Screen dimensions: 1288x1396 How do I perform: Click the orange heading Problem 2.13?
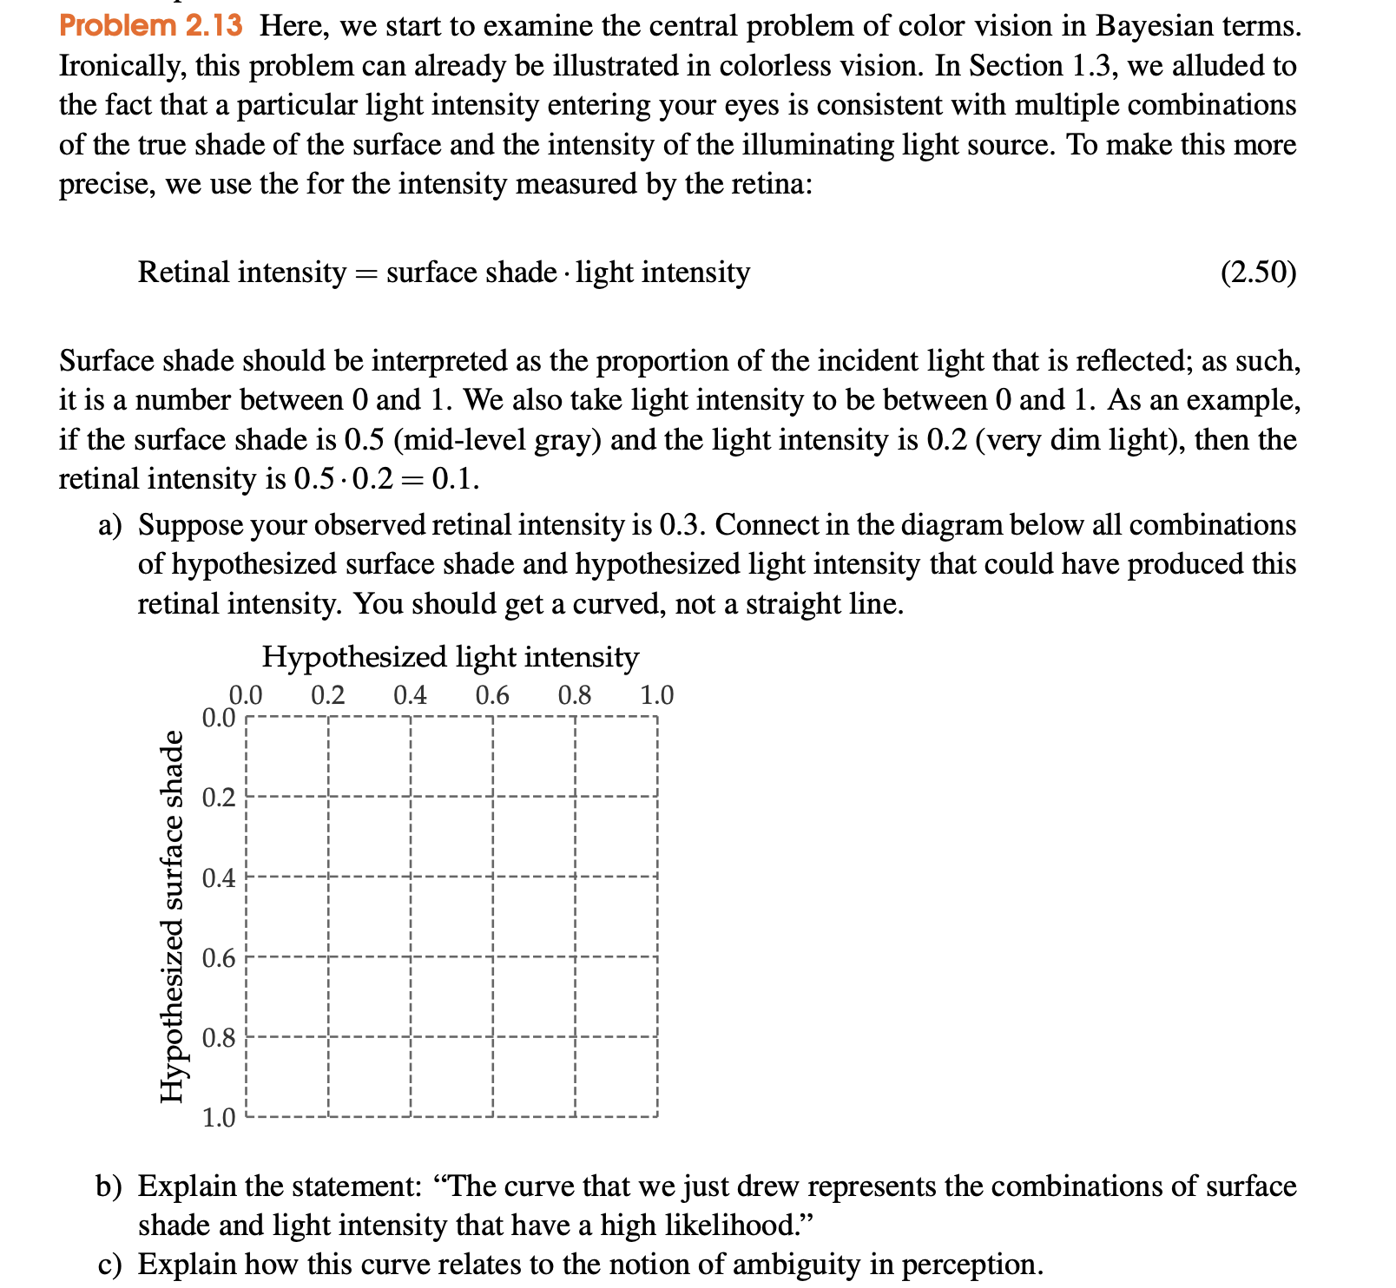point(151,25)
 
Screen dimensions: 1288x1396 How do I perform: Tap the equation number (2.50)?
point(1258,273)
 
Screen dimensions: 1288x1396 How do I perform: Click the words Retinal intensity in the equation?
point(241,273)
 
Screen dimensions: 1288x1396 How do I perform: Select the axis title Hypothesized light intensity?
point(450,657)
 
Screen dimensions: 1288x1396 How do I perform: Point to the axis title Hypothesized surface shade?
point(173,917)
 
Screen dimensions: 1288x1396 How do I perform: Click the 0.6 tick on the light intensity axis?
point(492,695)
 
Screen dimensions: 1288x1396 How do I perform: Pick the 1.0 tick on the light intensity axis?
point(656,695)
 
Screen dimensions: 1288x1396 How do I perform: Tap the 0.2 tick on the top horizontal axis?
point(327,695)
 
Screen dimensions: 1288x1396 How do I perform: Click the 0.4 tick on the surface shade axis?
point(219,878)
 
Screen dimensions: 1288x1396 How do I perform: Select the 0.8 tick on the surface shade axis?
point(219,1038)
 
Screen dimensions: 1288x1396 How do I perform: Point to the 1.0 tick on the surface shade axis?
point(219,1118)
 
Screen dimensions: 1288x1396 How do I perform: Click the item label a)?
point(109,525)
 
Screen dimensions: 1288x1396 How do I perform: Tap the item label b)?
point(109,1186)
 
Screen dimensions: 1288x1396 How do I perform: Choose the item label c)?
point(109,1265)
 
